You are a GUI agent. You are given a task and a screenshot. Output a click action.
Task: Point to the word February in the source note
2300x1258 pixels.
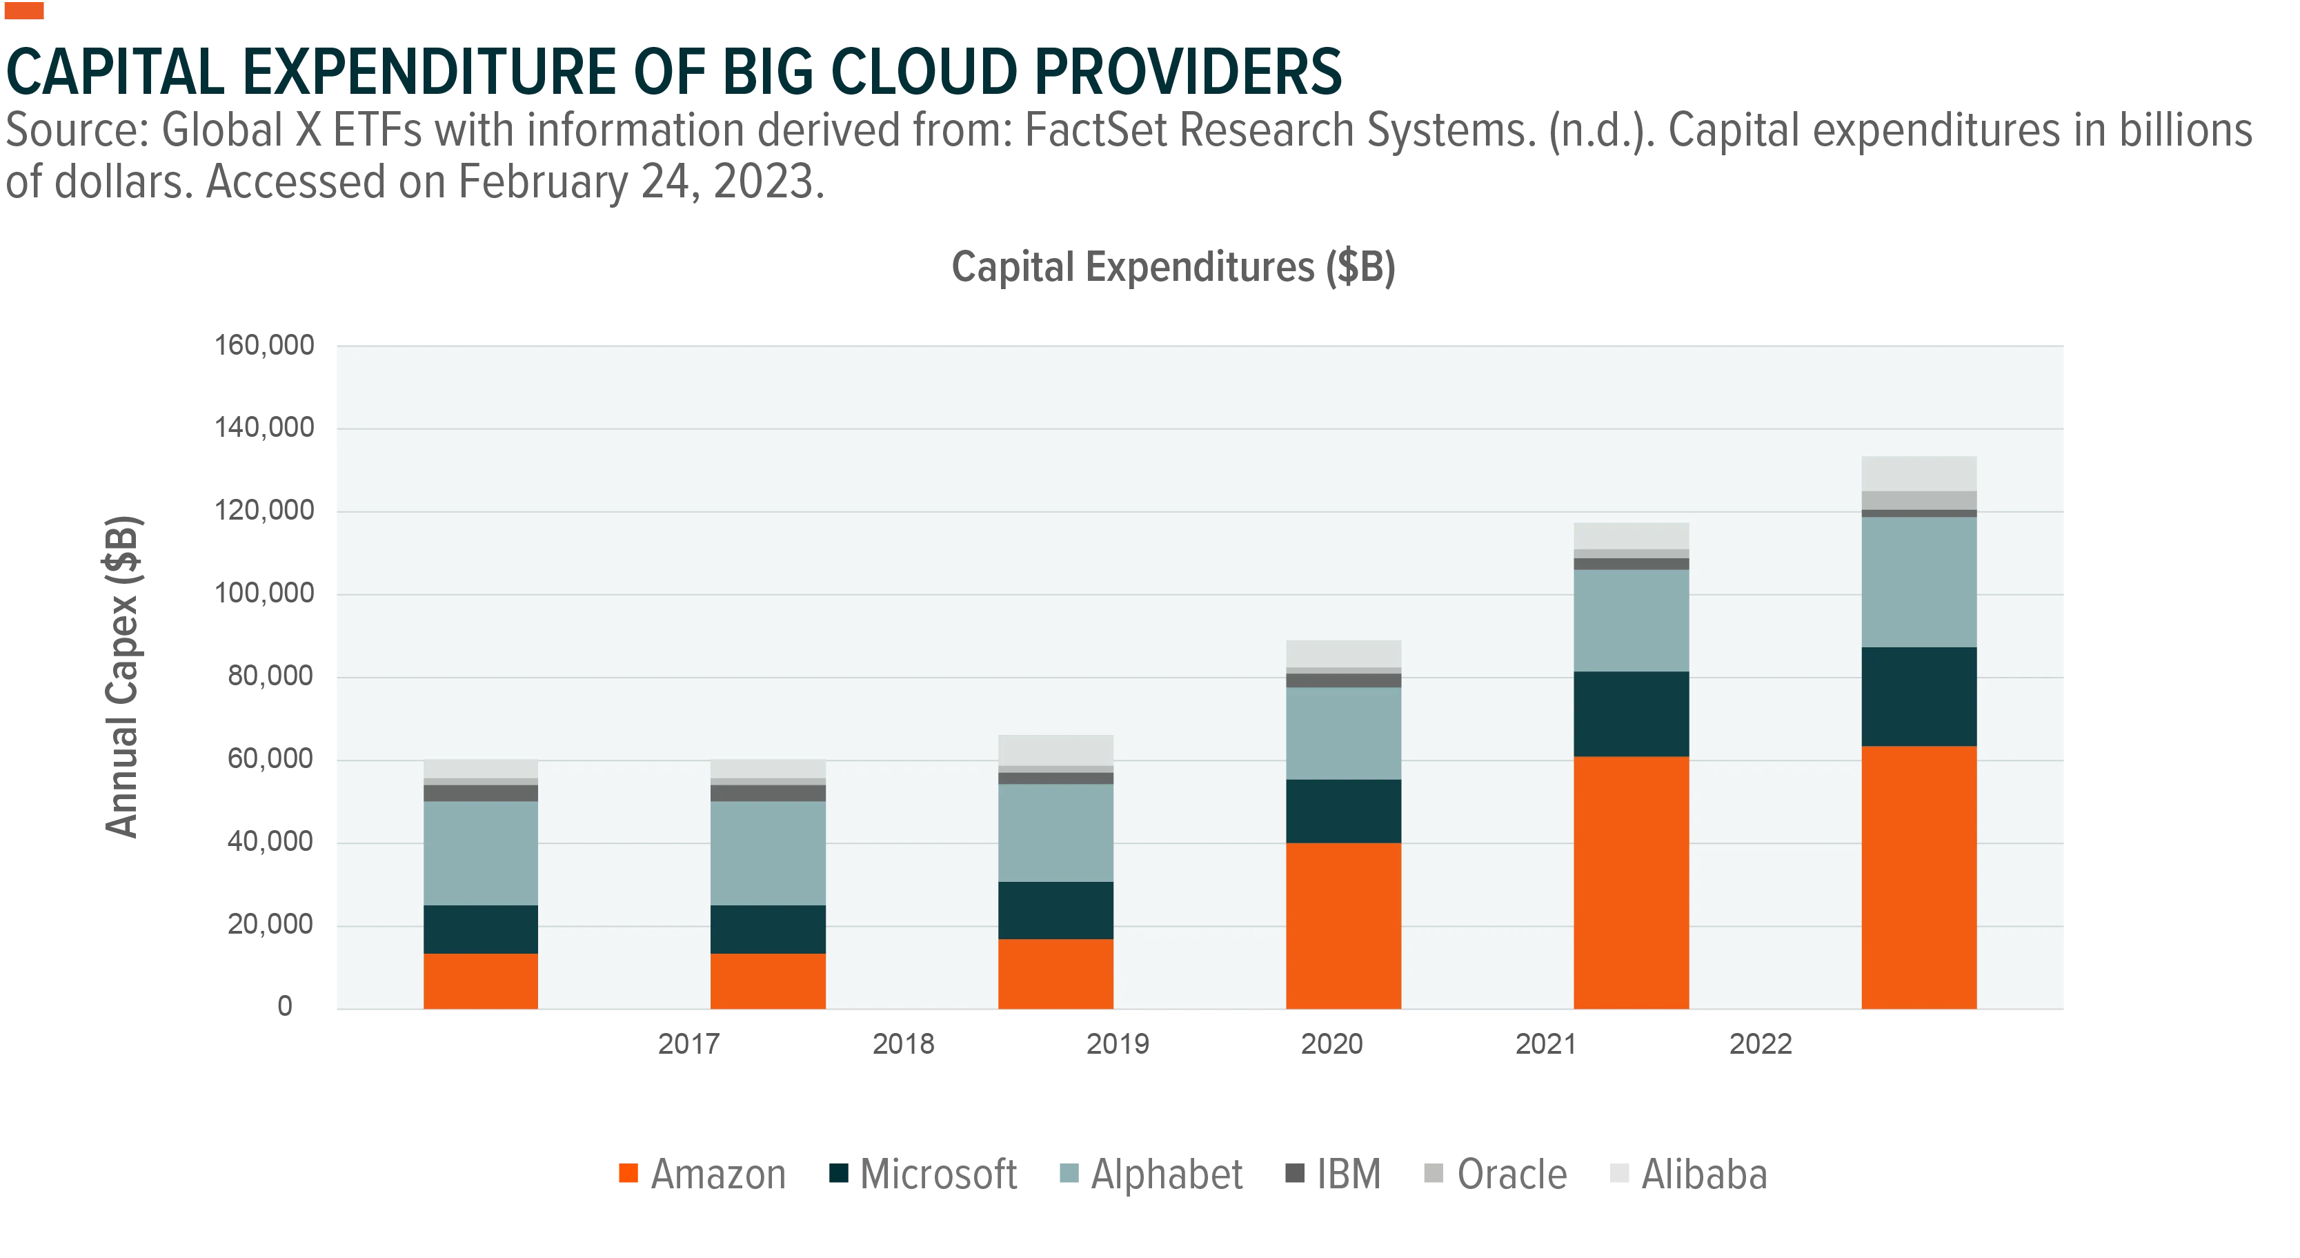543,183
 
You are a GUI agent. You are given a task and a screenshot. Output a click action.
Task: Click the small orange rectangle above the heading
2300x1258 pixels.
24,11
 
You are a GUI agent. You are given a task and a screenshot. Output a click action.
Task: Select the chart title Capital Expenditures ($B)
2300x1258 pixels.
1173,267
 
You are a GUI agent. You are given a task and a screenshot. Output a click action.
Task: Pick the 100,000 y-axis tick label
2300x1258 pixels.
264,593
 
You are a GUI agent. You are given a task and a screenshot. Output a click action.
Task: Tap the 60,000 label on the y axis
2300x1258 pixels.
270,759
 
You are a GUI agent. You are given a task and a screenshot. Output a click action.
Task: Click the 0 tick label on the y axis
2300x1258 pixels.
285,1006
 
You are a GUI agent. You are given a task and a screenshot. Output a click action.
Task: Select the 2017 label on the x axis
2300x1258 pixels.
688,1043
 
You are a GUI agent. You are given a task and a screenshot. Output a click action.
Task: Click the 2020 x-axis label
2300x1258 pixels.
1331,1043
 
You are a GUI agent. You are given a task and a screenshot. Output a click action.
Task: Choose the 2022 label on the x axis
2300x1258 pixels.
1761,1043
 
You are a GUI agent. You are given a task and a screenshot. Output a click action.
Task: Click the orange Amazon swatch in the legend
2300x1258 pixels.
628,1173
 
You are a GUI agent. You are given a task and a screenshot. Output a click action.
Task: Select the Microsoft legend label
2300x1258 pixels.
938,1174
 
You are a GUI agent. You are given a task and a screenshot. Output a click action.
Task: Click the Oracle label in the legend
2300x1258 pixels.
1511,1174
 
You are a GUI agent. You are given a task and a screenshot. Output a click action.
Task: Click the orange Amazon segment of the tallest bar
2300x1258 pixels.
1919,878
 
